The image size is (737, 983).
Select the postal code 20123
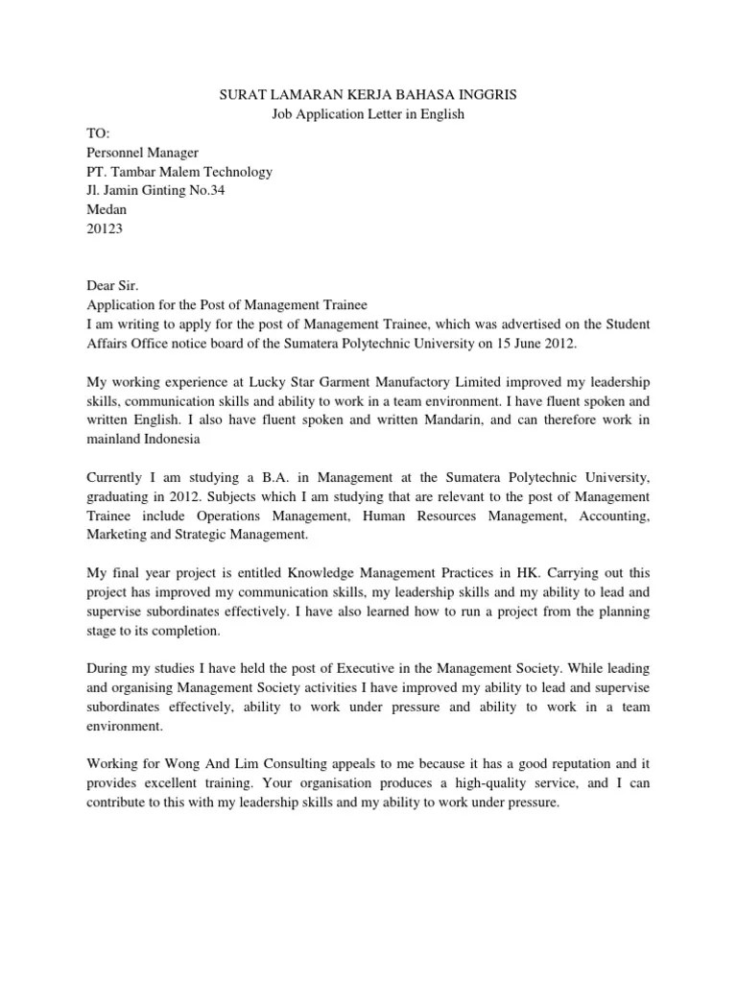(105, 228)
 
